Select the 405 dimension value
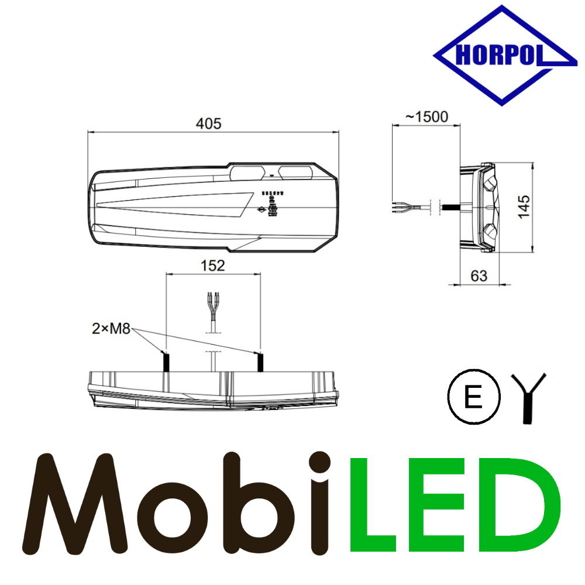[x=209, y=123]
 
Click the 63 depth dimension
[x=479, y=276]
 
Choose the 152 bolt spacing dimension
[x=212, y=266]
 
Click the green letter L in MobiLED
[x=377, y=503]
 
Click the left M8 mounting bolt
[x=166, y=362]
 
